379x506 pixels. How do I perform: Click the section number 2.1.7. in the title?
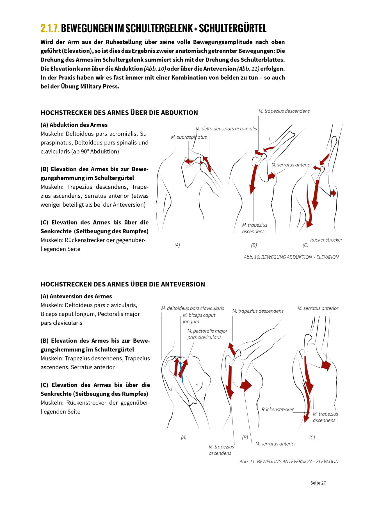(50, 28)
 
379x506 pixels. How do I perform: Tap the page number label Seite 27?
(318, 483)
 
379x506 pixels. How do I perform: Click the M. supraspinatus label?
(189, 137)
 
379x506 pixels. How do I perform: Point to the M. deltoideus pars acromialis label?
(226, 129)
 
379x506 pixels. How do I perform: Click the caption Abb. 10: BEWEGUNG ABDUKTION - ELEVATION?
(291, 257)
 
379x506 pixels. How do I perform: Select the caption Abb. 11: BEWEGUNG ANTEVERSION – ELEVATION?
(289, 462)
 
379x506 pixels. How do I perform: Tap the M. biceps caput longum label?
(199, 318)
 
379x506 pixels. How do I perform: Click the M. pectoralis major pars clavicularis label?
(207, 334)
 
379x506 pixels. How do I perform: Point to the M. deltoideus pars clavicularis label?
(192, 308)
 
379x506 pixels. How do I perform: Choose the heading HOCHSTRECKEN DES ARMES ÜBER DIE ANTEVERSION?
(123, 284)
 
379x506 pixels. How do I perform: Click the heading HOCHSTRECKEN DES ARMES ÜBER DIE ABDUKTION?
(119, 113)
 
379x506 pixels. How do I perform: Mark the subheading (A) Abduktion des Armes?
(74, 125)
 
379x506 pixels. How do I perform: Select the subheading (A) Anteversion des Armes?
(76, 296)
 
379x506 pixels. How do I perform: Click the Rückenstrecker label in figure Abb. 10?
(326, 240)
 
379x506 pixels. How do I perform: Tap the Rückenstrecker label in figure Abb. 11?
(277, 410)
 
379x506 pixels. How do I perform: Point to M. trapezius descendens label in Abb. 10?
(284, 111)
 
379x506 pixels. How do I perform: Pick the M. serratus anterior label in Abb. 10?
(292, 165)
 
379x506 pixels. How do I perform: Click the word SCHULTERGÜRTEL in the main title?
(233, 28)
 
